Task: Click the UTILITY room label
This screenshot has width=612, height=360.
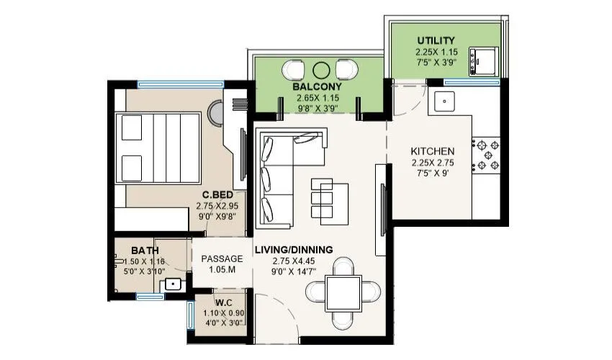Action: coord(435,40)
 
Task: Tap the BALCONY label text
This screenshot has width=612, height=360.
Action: coord(317,86)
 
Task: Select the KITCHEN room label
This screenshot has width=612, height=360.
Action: coord(432,151)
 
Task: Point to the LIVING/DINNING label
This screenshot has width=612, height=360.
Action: coord(294,249)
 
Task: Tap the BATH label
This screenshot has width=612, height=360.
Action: coord(145,250)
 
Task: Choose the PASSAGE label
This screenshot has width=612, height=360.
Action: coord(220,258)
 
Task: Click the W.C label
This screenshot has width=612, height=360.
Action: coord(222,302)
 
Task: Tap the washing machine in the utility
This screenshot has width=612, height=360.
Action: coord(480,60)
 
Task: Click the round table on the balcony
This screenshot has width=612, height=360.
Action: coord(322,70)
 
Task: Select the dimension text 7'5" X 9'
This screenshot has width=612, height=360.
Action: coord(432,174)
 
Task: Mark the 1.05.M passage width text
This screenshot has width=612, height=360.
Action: coord(220,270)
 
